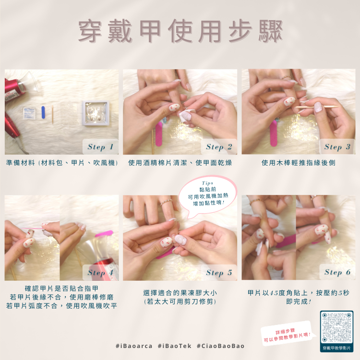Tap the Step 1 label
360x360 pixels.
click(100, 147)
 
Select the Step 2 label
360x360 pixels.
click(219, 147)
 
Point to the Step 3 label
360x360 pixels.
click(337, 147)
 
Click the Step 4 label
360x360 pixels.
click(100, 273)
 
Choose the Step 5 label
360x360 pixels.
click(219, 273)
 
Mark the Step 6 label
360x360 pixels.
click(337, 272)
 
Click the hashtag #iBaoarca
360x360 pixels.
click(134, 346)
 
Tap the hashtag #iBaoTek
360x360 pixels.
click(175, 346)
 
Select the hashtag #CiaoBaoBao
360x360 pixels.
click(220, 346)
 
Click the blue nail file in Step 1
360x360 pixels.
click(43, 112)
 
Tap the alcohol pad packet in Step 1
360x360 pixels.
click(29, 113)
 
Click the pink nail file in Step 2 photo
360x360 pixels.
click(159, 134)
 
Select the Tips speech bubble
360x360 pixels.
click(208, 196)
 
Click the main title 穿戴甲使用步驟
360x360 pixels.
click(180, 31)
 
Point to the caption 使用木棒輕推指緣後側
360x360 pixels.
click(298, 163)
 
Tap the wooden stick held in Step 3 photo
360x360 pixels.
click(317, 107)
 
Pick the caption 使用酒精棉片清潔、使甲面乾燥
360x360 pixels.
click(180, 163)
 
